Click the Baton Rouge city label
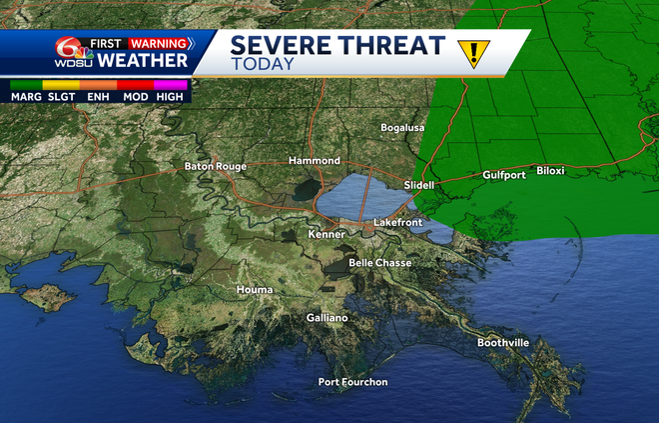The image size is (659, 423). click(x=215, y=166)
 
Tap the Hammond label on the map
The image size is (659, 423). click(x=315, y=160)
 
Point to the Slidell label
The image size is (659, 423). click(x=421, y=186)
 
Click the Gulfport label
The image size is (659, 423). click(x=503, y=174)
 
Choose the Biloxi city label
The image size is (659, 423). click(x=550, y=171)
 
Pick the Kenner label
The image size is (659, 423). click(x=327, y=234)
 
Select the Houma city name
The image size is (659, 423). click(x=254, y=290)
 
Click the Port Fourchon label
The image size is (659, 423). click(x=352, y=382)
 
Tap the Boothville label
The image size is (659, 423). click(x=502, y=343)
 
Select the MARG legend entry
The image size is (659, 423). click(x=27, y=98)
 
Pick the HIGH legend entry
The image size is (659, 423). click(x=170, y=98)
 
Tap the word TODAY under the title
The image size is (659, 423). click(x=263, y=63)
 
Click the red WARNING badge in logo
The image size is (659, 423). click(x=160, y=43)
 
